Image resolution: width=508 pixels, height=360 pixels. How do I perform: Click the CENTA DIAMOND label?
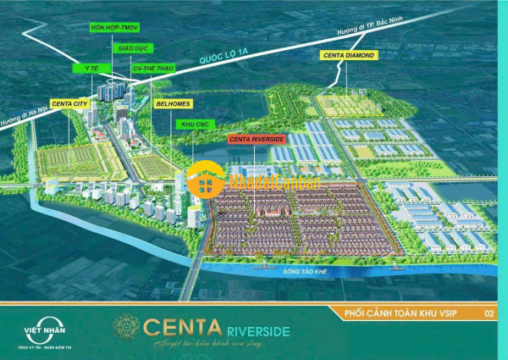pyautogui.click(x=347, y=56)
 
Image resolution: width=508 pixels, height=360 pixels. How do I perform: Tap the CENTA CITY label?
pyautogui.click(x=70, y=103)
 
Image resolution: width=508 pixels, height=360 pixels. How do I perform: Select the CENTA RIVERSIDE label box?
pyautogui.click(x=256, y=137)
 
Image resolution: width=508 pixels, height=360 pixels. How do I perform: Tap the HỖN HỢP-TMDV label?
pyautogui.click(x=113, y=27)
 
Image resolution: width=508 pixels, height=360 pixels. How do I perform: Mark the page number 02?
pyautogui.click(x=489, y=313)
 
